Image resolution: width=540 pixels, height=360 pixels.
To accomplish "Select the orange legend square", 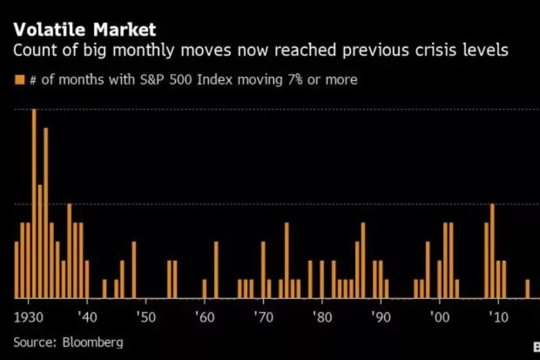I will pyautogui.click(x=19, y=80).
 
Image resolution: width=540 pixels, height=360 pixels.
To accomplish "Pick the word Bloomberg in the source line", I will pyautogui.click(x=93, y=342).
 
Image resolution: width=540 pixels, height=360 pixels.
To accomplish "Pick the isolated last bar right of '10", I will pyautogui.click(x=528, y=289).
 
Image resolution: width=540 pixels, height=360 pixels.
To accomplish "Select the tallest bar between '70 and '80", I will pyautogui.click(x=287, y=260).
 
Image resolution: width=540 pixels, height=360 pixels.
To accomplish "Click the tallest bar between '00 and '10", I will pyautogui.click(x=492, y=251).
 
